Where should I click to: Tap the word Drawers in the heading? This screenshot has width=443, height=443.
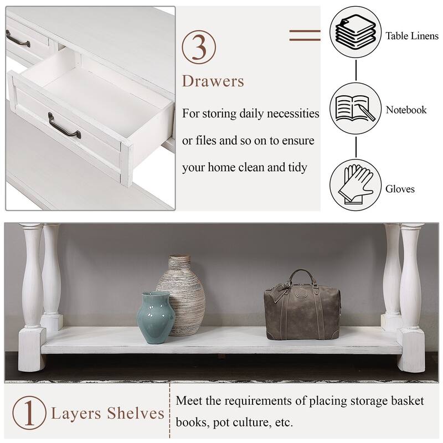213,81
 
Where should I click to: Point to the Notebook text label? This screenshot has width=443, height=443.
406,110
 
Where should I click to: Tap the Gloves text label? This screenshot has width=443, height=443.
400,189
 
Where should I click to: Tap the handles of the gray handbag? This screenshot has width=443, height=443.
296,280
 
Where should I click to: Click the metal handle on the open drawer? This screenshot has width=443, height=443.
64,125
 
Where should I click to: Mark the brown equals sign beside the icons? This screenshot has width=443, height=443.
305,35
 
